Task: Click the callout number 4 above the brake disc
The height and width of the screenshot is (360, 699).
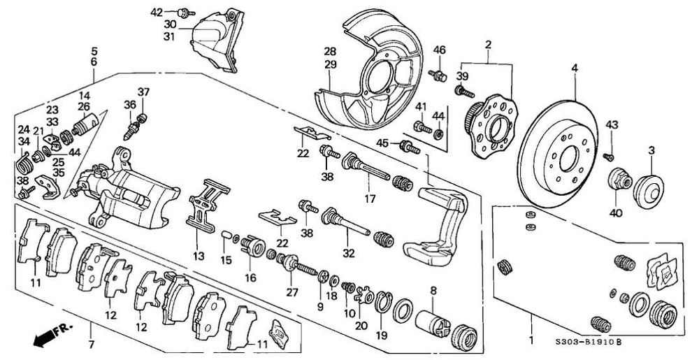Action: point(574,68)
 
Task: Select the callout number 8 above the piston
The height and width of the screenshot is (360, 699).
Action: point(433,289)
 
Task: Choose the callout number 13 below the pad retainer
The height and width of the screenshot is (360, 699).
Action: point(199,257)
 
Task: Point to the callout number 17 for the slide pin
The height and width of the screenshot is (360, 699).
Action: point(368,198)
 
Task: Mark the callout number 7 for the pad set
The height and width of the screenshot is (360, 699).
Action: point(89,345)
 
